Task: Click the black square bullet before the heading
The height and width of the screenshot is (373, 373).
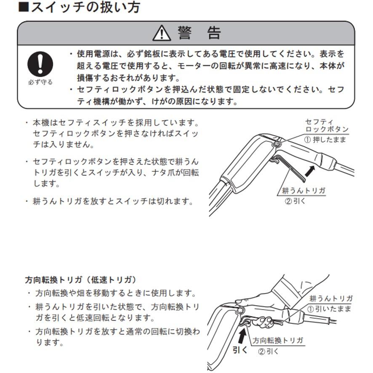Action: tap(24, 7)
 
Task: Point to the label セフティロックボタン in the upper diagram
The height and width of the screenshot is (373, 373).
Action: tap(327, 125)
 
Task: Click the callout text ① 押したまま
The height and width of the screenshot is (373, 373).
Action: tap(325, 139)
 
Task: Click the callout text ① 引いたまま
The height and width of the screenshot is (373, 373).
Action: tap(329, 309)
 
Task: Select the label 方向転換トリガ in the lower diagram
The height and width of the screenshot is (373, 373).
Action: tap(278, 340)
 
